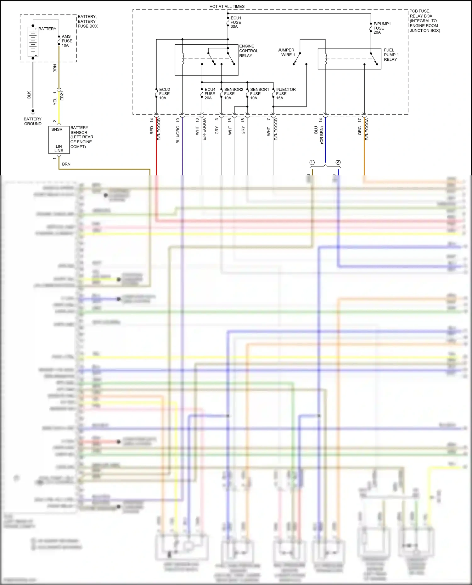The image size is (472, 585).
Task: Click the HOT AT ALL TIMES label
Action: (227, 6)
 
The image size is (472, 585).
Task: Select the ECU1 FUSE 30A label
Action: (236, 22)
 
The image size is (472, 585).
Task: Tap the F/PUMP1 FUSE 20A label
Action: (382, 28)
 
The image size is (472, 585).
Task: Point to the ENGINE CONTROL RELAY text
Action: (249, 51)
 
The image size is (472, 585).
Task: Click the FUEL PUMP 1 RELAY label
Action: (391, 55)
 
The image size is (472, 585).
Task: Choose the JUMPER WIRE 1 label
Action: (286, 52)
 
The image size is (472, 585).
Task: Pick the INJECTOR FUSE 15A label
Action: (285, 94)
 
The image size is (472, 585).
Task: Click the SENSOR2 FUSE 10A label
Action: (233, 94)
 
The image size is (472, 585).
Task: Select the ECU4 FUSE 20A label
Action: (210, 94)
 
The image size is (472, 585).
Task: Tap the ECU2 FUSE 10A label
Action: (164, 94)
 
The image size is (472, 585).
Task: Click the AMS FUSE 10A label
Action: (67, 41)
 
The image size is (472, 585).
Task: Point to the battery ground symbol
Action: (33, 112)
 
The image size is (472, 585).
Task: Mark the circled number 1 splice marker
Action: (312, 162)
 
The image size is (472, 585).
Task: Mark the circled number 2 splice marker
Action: (338, 162)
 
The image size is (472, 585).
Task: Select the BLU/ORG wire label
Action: (178, 135)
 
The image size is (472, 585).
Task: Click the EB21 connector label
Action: (62, 96)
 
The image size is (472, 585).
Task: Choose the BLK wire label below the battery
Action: (29, 95)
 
